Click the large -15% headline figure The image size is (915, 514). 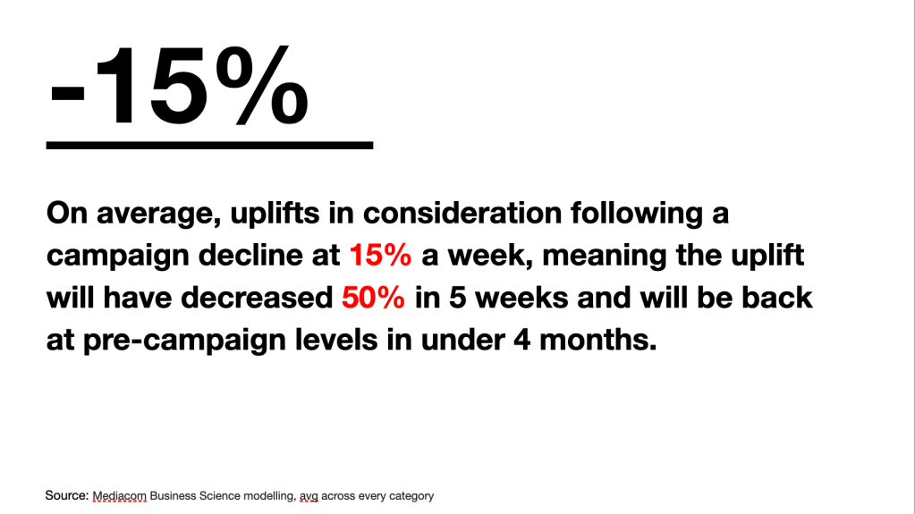tap(179, 86)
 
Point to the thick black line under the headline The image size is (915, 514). tap(209, 146)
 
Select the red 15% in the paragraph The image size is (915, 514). tap(380, 255)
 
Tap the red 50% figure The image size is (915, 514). tap(374, 298)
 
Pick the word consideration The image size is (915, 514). tap(462, 213)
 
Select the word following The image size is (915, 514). tap(637, 215)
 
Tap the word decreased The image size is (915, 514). tap(257, 298)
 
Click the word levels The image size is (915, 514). tap(336, 340)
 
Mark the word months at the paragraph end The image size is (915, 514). tap(598, 340)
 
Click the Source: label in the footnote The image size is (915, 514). tap(67, 496)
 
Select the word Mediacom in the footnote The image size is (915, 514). tap(120, 496)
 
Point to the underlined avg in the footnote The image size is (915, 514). tap(309, 497)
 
